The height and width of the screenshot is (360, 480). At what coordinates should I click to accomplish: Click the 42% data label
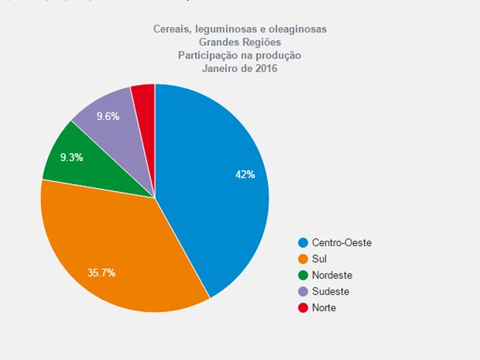pyautogui.click(x=245, y=175)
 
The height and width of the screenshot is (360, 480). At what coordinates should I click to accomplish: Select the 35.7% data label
pyautogui.click(x=101, y=273)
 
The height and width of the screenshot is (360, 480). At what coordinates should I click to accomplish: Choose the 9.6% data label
pyautogui.click(x=108, y=116)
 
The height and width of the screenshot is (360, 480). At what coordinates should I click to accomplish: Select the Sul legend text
pyautogui.click(x=319, y=259)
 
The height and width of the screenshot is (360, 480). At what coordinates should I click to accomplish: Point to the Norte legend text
pyautogui.click(x=325, y=307)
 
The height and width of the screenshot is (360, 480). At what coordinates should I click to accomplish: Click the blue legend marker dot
pyautogui.click(x=303, y=242)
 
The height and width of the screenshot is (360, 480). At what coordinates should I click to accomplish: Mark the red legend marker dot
pyautogui.click(x=303, y=307)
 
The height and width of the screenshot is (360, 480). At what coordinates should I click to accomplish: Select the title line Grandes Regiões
pyautogui.click(x=239, y=42)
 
